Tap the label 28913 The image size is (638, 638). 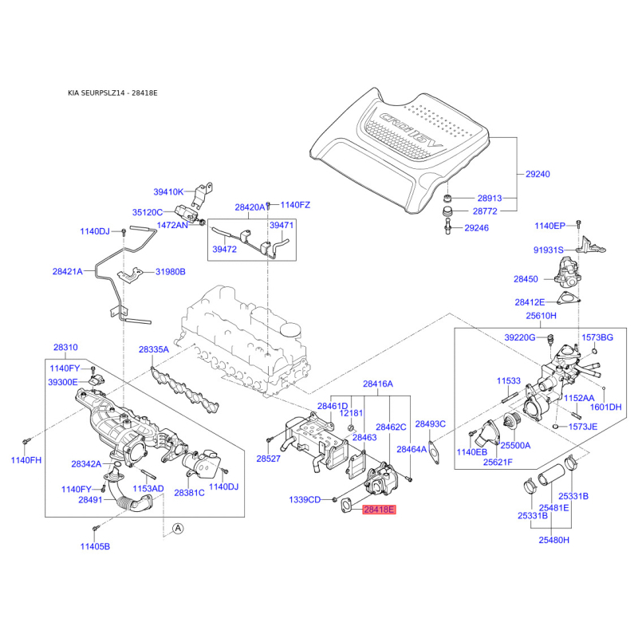tap(490, 198)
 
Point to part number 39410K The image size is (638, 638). tap(168, 191)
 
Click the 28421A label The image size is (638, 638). tap(68, 272)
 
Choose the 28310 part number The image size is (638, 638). tap(66, 348)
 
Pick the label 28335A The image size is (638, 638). tap(154, 349)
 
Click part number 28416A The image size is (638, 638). tap(378, 384)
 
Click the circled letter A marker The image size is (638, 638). tap(178, 528)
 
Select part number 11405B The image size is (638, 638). tap(94, 546)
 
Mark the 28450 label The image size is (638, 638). tap(526, 279)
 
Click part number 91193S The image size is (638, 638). tap(549, 250)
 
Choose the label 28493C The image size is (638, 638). tap(430, 423)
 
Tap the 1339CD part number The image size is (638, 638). tap(304, 499)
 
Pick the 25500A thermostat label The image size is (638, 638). tap(515, 445)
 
